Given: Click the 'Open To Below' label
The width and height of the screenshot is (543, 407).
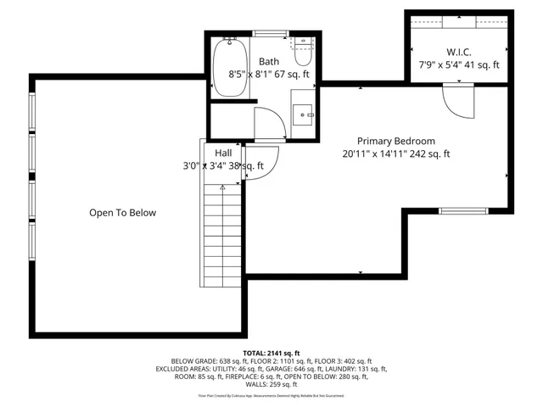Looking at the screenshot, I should tap(123, 213).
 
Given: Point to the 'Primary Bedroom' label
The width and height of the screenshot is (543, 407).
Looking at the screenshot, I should tap(395, 141).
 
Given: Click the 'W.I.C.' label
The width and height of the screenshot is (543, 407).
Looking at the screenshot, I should tap(459, 50).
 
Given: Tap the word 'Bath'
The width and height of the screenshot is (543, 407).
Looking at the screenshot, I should tap(269, 61).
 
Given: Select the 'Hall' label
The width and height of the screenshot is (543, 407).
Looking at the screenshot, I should tap(224, 153).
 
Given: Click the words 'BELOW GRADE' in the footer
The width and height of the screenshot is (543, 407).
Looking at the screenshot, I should tap(190, 361).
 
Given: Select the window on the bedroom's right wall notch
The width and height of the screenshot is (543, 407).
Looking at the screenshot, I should tap(463, 210).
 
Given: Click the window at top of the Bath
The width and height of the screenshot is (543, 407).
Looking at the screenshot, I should tap(270, 33).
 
